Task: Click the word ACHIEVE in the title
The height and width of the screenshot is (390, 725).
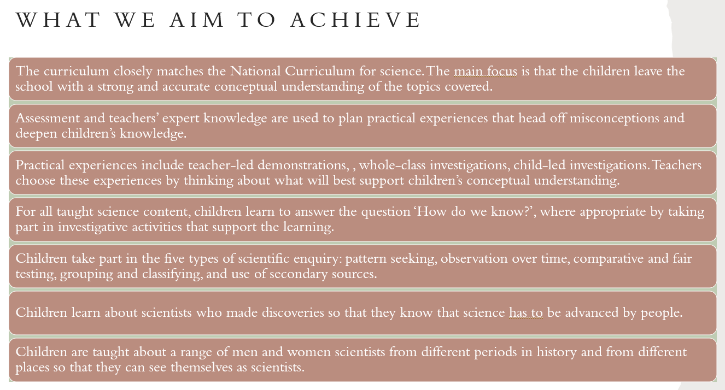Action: pos(355,20)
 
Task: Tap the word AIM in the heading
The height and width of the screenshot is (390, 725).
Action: pos(197,20)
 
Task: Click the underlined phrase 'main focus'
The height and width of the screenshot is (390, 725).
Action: pos(486,72)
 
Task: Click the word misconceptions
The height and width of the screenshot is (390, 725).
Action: pos(614,119)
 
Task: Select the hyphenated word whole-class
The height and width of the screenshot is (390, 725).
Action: pos(392,166)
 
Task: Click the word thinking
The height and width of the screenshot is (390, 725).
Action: pos(208,181)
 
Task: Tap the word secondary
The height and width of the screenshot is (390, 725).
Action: pos(299,274)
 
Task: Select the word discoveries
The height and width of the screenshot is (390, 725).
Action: pos(293,313)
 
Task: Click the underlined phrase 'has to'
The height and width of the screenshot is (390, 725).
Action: pos(526,313)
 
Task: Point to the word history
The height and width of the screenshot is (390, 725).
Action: pos(557,352)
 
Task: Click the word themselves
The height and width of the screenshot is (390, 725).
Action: pos(201,368)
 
